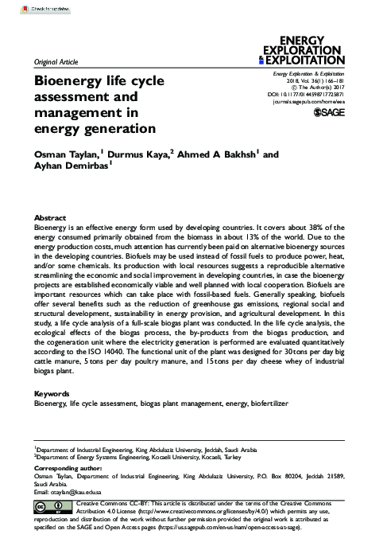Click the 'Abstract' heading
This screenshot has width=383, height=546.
[x=49, y=217]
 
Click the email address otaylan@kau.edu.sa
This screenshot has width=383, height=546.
[x=76, y=493]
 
